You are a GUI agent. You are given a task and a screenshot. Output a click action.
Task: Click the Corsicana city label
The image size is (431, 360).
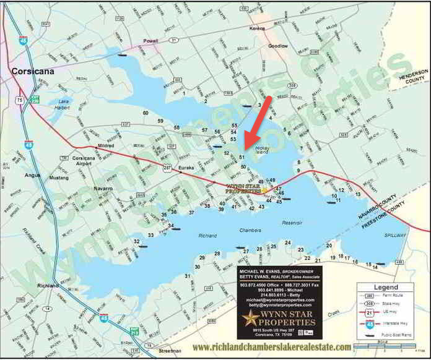click(32, 71)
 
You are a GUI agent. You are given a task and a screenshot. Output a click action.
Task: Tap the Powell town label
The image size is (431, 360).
click(151, 41)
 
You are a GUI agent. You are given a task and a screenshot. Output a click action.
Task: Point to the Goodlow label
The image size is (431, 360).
click(278, 46)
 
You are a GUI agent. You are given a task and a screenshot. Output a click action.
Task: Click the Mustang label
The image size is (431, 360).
click(59, 178)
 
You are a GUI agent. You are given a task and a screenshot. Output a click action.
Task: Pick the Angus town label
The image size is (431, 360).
click(32, 174)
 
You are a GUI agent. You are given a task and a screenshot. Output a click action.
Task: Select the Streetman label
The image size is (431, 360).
click(169, 350)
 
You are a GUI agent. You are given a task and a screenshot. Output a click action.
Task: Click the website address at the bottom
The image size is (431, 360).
click(272, 347)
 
